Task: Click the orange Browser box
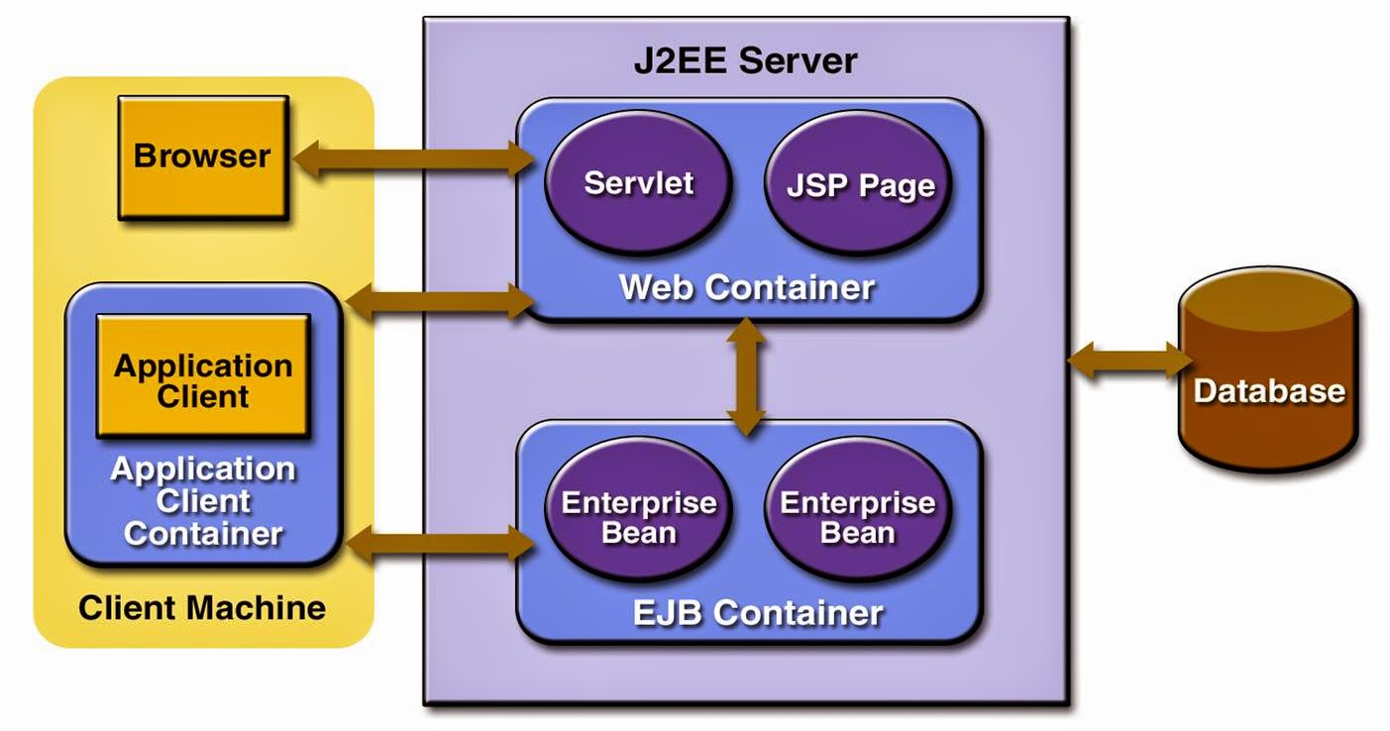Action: [x=203, y=157]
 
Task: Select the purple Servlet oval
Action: [x=638, y=184]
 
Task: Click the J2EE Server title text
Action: [x=745, y=61]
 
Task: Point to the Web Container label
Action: [x=747, y=287]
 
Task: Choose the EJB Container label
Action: [x=757, y=612]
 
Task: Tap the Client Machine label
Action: [x=202, y=607]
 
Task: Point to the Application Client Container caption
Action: [x=203, y=501]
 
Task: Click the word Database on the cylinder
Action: [x=1269, y=390]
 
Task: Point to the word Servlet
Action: [x=638, y=183]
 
